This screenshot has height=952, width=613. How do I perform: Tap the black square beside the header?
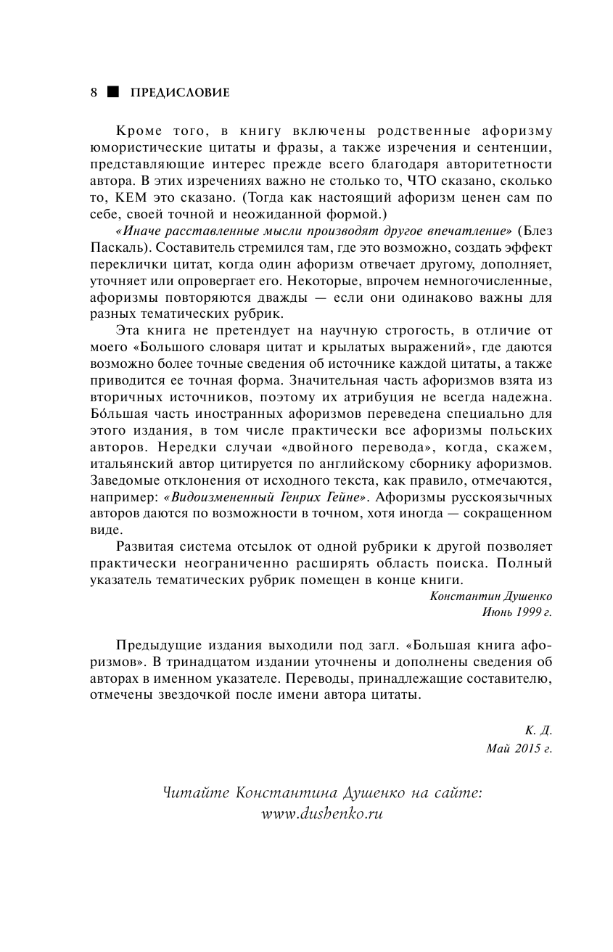tap(112, 93)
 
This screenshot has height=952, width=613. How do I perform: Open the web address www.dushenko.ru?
tap(321, 814)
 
